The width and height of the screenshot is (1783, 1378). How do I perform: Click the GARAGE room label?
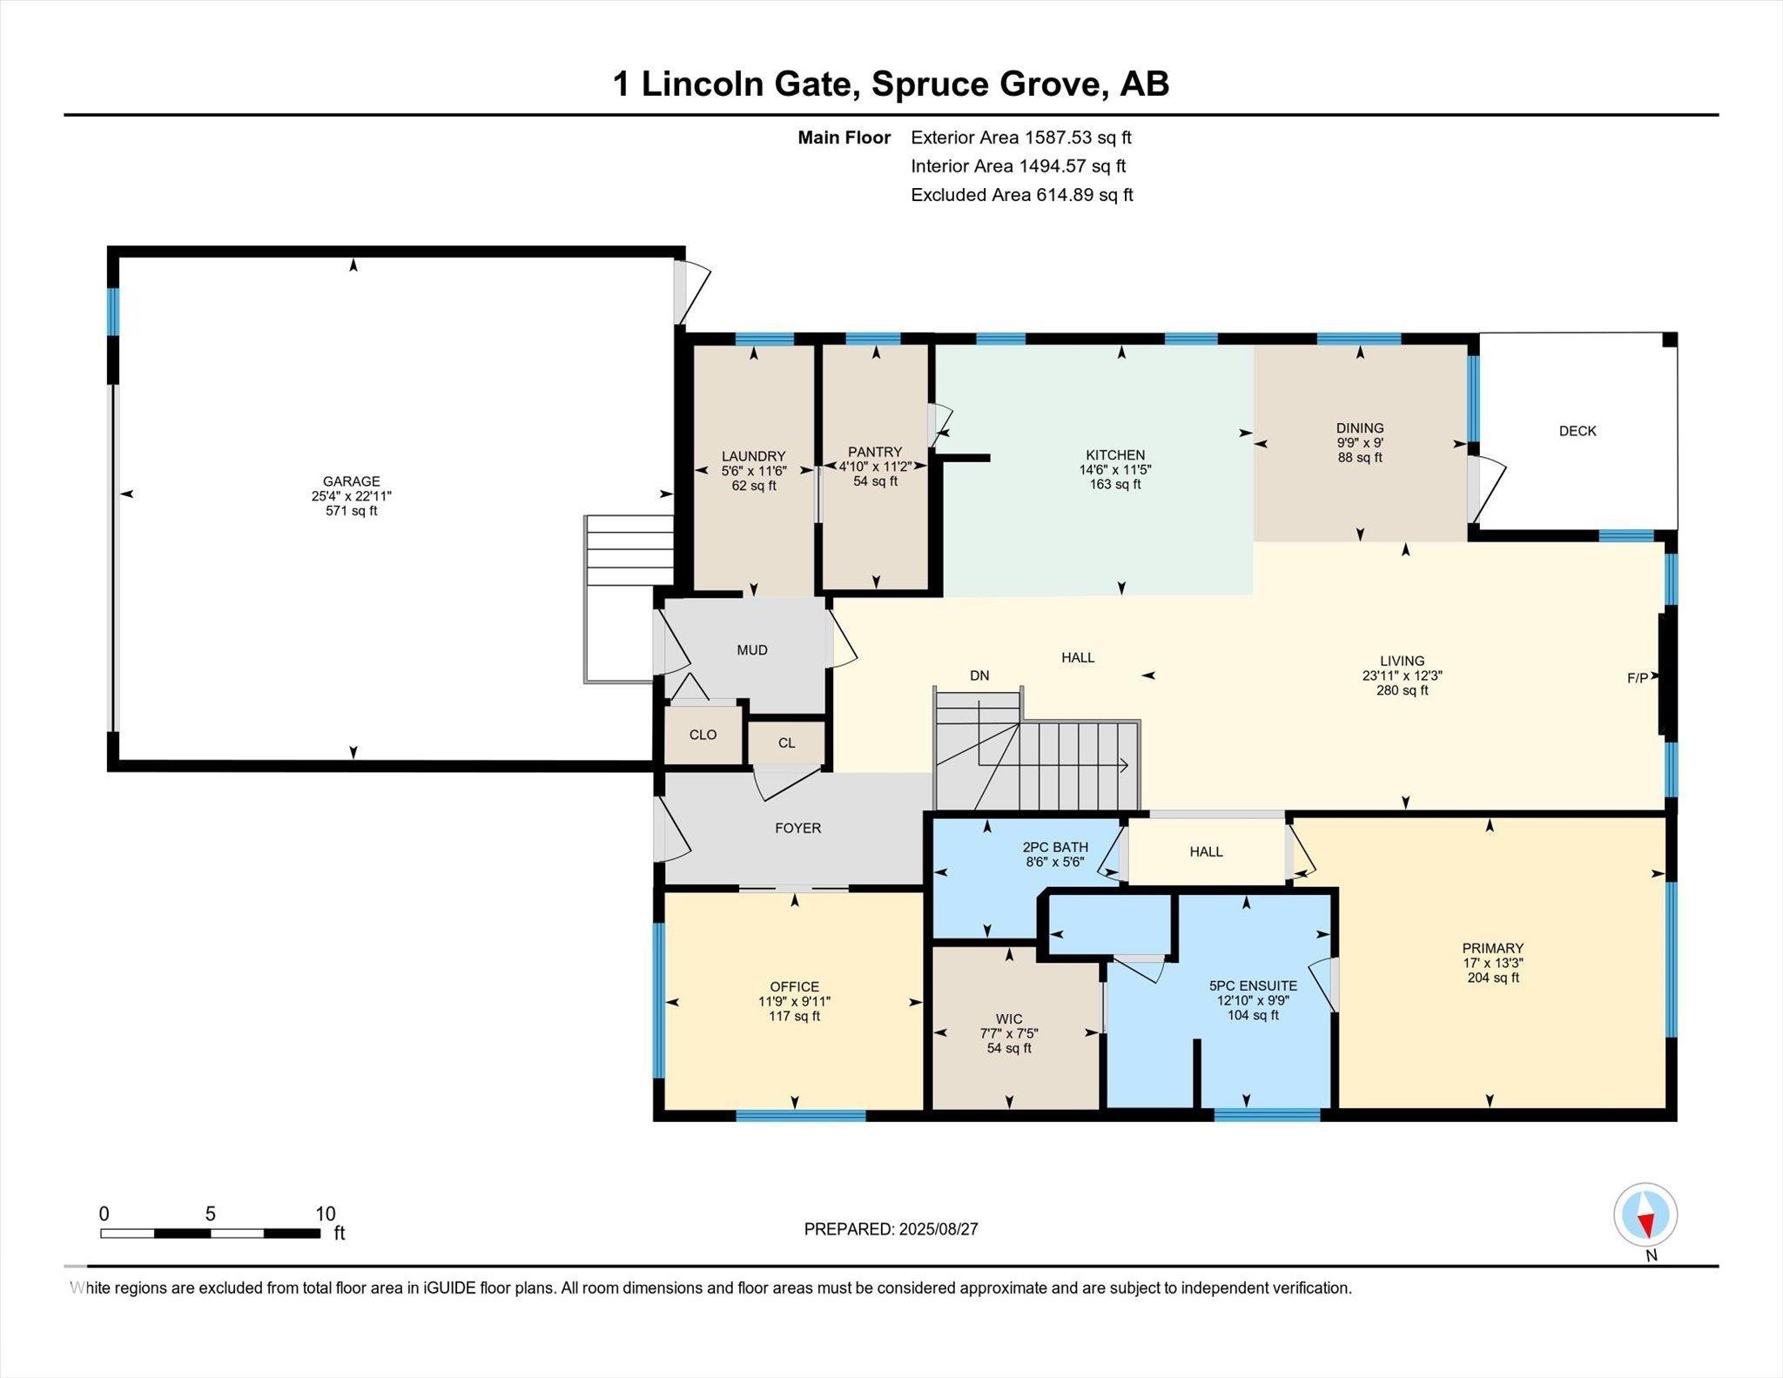pos(352,481)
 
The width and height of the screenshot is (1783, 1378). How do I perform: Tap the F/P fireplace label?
pos(1638,678)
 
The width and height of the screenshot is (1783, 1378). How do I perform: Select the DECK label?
pos(1578,431)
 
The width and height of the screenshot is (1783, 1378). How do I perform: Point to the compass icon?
pos(1645,1215)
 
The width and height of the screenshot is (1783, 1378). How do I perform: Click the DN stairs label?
pos(979,676)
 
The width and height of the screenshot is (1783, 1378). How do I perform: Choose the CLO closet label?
pos(703,735)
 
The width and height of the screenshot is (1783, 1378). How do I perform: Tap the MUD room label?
pos(752,650)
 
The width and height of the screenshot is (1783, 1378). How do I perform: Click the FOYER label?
pos(797,829)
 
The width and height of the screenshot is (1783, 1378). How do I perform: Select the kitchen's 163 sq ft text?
pos(1115,484)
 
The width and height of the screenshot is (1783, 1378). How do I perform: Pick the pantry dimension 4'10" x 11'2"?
pos(875,467)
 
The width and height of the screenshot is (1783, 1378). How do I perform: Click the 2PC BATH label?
pos(1055,847)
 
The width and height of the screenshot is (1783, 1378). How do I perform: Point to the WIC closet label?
pos(1009,1019)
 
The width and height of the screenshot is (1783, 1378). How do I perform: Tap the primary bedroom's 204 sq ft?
pos(1493,978)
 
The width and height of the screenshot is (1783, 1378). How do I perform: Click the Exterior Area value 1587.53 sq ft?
pos(1078,138)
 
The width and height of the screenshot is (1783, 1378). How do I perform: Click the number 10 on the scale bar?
pos(325,1214)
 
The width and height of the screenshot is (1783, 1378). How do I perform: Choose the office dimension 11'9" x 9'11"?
pos(794,1002)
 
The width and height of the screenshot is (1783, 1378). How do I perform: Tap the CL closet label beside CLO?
pos(786,743)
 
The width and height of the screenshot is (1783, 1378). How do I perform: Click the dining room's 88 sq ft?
pos(1360,458)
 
